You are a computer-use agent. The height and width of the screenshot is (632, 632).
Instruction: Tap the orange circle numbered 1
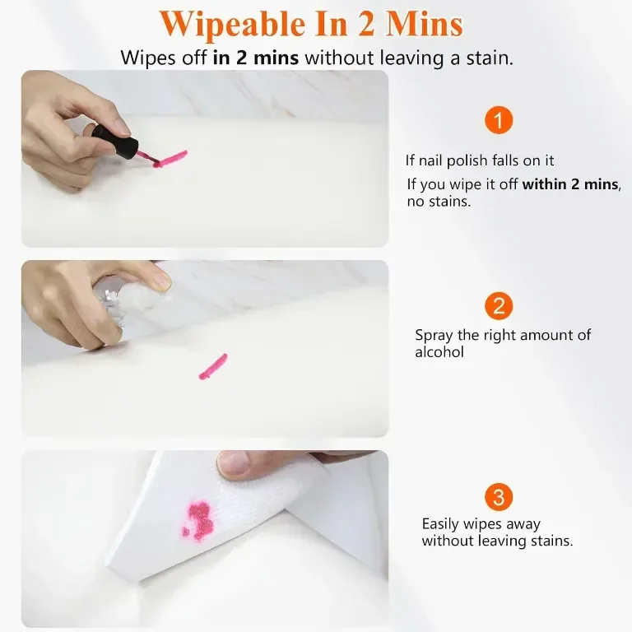pos(499,120)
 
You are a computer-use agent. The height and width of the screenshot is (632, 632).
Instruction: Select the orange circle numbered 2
pos(499,306)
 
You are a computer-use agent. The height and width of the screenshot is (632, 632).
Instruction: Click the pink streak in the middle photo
pos(213,367)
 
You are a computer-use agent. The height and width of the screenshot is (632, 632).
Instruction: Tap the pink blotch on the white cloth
pos(198,520)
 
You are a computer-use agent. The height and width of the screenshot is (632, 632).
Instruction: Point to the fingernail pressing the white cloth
pos(234,463)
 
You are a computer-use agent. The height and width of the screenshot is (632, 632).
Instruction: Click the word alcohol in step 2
pos(439,352)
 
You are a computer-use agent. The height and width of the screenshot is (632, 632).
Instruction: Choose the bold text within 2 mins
pos(570,184)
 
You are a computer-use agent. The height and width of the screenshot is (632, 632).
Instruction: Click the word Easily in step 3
pos(440,524)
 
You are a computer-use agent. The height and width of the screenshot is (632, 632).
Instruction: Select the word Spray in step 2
pos(434,336)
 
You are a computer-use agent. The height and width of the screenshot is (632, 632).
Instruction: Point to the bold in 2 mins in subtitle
pos(256,58)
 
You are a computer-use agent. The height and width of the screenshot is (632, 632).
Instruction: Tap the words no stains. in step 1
pos(439,201)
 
